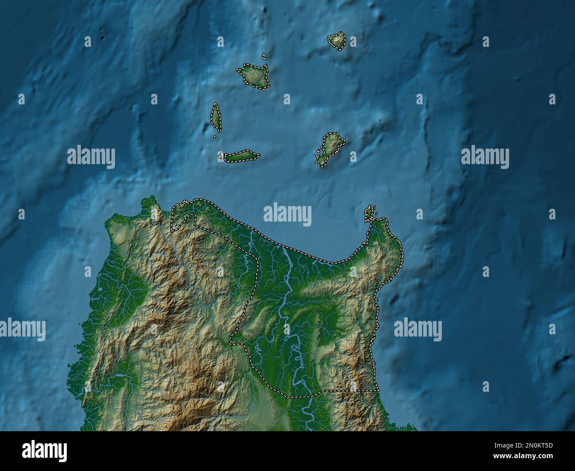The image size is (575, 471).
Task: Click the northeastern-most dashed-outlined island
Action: pyautogui.click(x=337, y=41)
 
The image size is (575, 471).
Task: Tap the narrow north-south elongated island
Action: pyautogui.click(x=216, y=117)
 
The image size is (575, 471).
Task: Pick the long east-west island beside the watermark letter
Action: pyautogui.click(x=241, y=157)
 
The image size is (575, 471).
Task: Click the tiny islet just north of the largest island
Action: pyautogui.click(x=264, y=56)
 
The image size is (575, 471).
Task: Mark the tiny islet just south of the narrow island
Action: pyautogui.click(x=215, y=136)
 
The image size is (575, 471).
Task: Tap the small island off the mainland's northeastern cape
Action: pyautogui.click(x=369, y=214)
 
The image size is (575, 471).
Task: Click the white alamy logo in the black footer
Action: pyautogui.click(x=44, y=451)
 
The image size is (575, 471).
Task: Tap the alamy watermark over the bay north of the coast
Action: pyautogui.click(x=287, y=214)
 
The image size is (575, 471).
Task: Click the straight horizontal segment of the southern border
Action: pyautogui.click(x=349, y=391)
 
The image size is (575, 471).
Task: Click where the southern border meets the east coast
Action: pyautogui.click(x=378, y=391)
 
